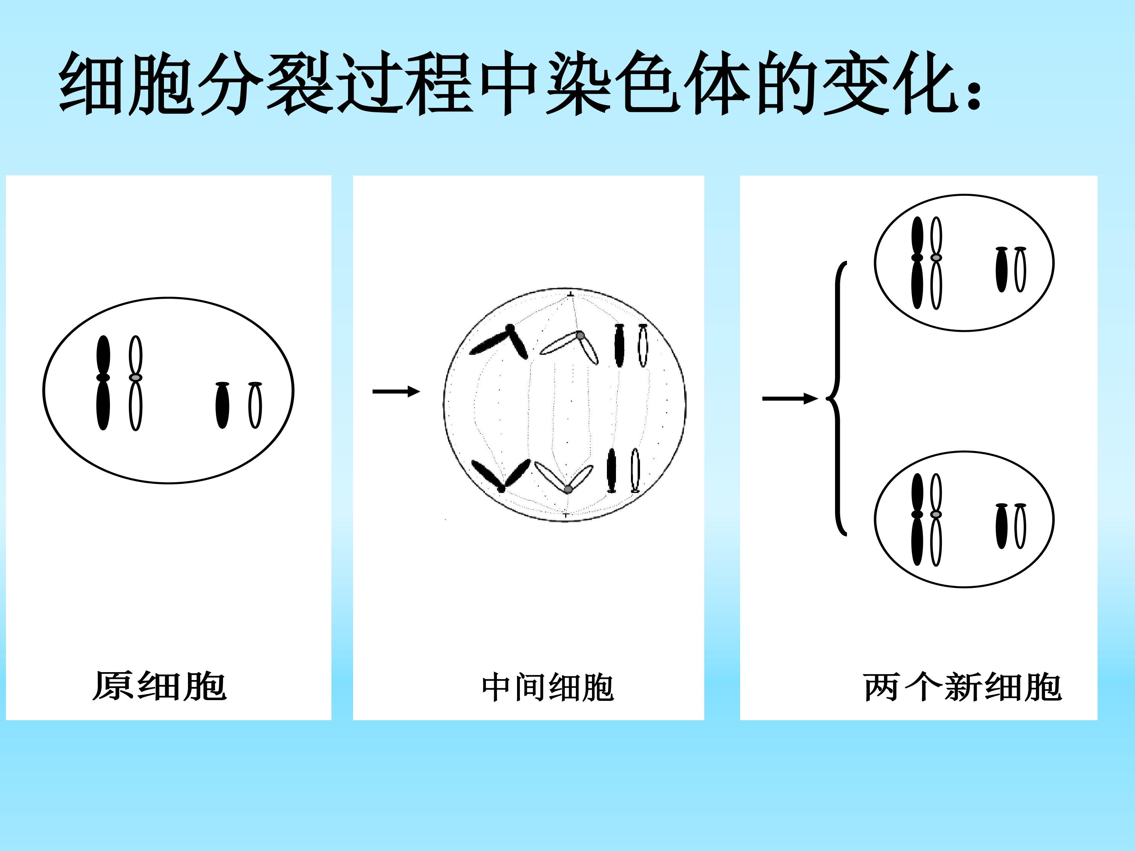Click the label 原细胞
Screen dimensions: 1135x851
point(160,686)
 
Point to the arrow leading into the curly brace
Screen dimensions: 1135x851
point(790,399)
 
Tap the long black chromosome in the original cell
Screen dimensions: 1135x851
point(103,383)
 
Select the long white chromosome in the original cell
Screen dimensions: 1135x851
point(135,383)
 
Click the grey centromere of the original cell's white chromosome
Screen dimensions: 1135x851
point(135,377)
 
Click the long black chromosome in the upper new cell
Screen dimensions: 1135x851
point(917,263)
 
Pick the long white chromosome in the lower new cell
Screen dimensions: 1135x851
point(936,520)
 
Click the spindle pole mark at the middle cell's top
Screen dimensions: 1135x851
point(571,294)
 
